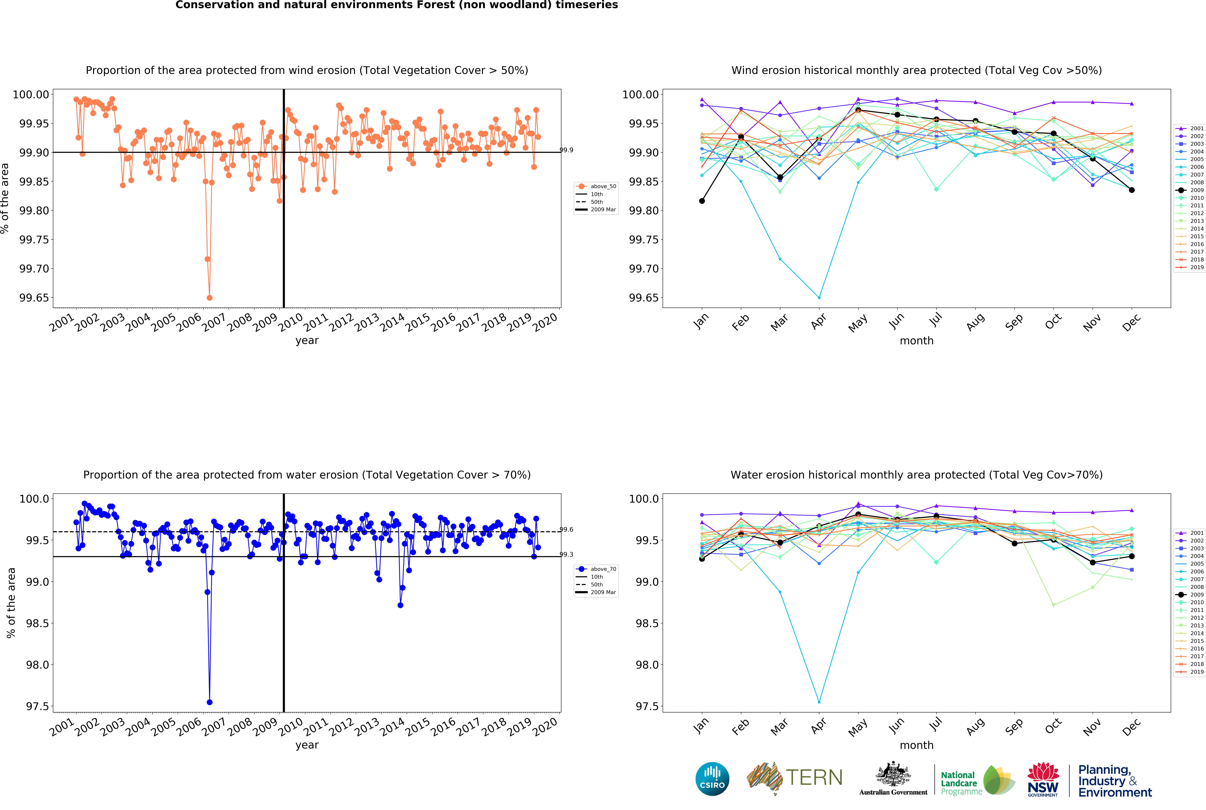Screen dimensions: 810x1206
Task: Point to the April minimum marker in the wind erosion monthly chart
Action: click(819, 298)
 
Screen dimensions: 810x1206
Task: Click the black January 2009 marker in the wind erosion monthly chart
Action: click(702, 201)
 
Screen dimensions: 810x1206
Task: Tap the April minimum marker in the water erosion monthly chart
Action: click(819, 702)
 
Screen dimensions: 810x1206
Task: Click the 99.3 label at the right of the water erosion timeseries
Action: click(566, 554)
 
